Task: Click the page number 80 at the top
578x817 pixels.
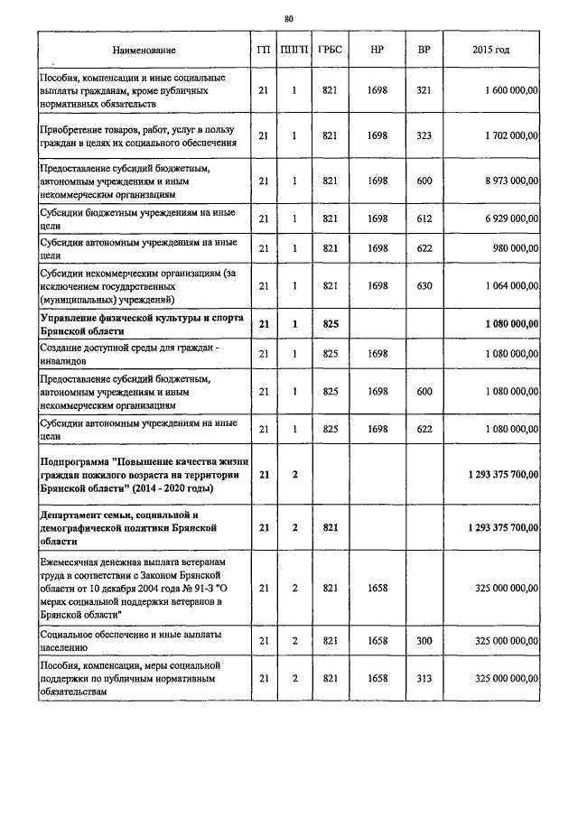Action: (289, 18)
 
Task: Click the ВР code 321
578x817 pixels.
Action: (424, 90)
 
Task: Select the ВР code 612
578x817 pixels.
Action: (424, 219)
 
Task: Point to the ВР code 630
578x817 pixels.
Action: (424, 286)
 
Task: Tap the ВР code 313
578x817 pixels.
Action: (424, 677)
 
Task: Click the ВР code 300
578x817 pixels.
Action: (424, 640)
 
